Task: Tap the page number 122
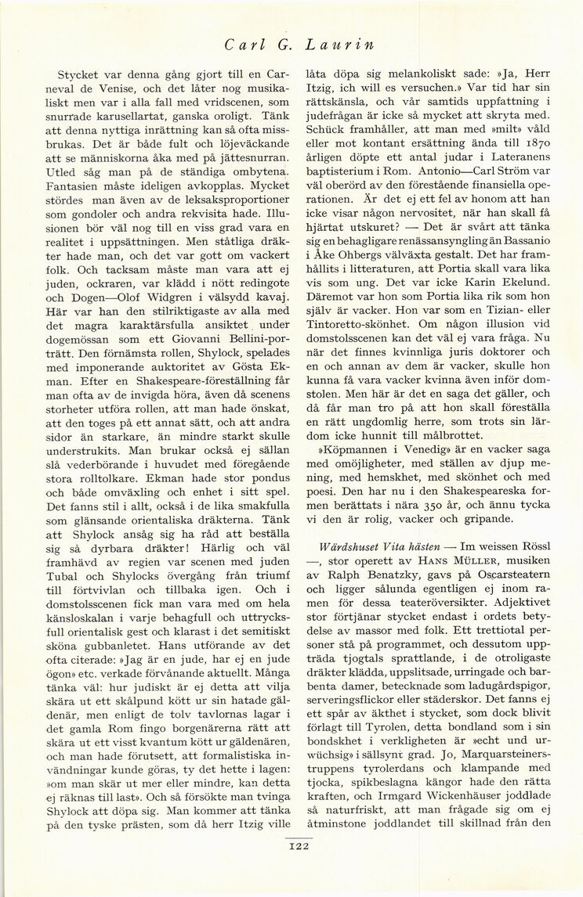click(x=301, y=844)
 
